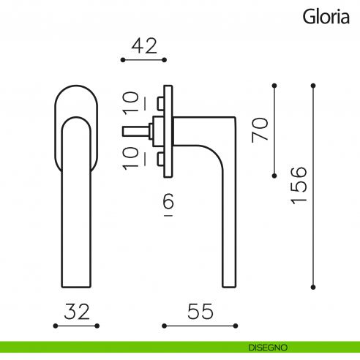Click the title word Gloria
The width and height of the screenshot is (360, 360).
point(326,16)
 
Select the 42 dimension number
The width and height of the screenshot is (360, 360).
point(144,45)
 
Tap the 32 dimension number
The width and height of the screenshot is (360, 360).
point(77,312)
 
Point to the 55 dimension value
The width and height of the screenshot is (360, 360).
point(199,312)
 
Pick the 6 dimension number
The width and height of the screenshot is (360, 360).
point(168,203)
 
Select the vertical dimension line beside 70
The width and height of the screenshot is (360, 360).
point(274,130)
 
